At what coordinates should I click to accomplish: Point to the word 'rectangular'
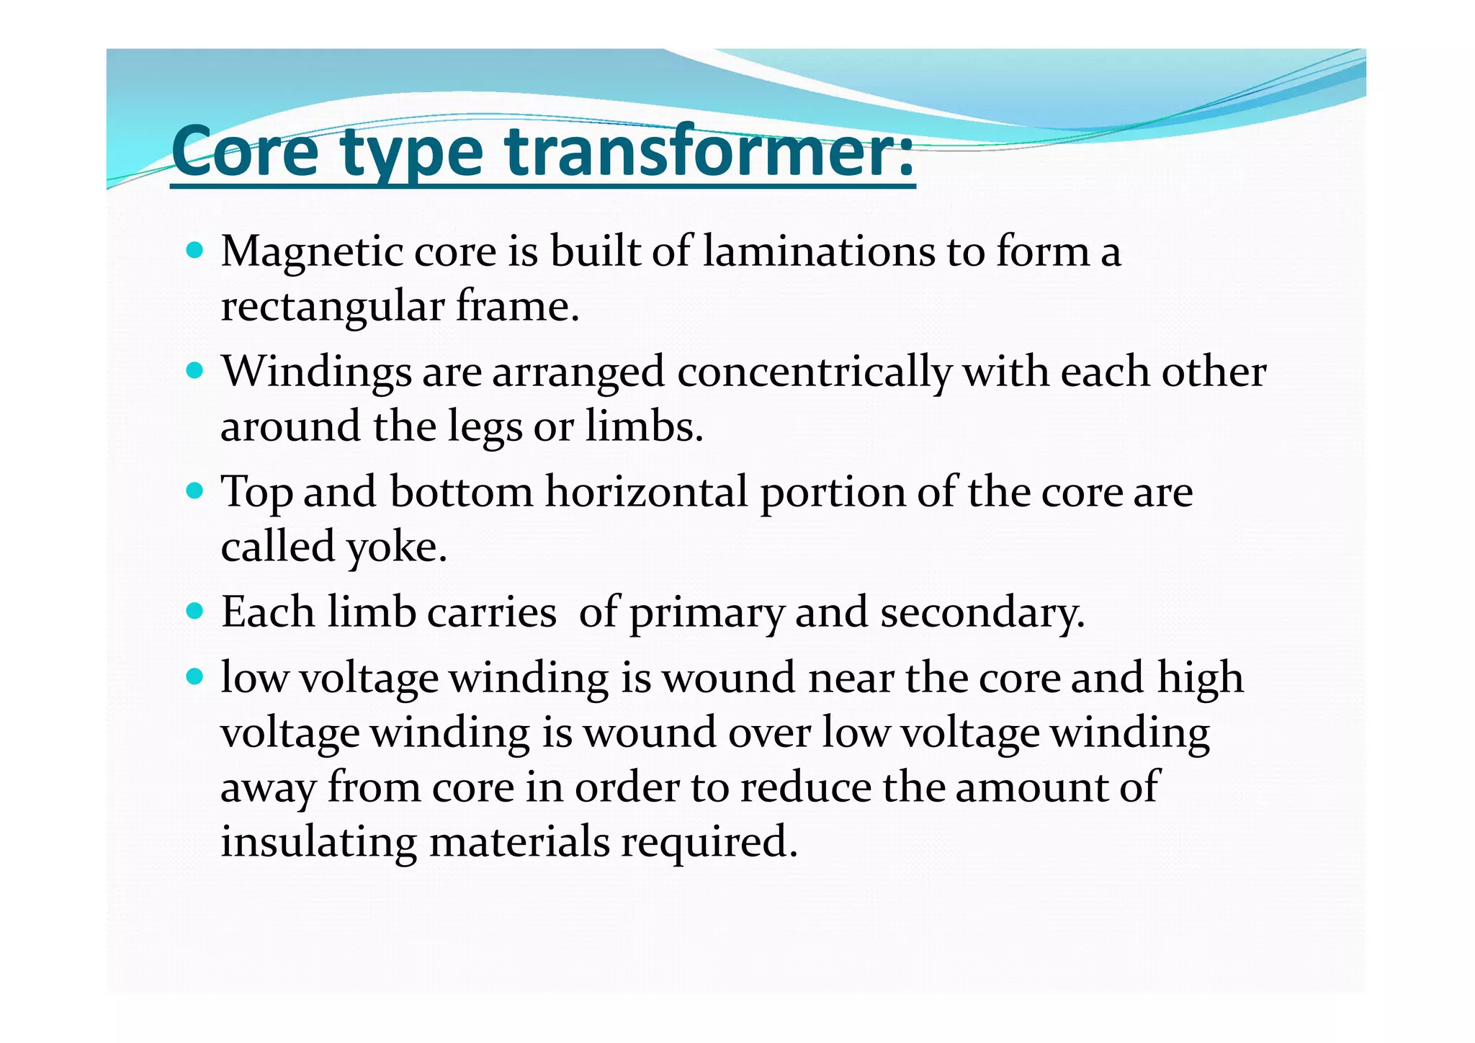pyautogui.click(x=332, y=308)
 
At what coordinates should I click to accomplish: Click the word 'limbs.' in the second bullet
pyautogui.click(x=644, y=426)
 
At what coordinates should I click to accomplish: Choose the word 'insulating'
pyautogui.click(x=318, y=842)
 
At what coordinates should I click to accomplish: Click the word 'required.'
pyautogui.click(x=709, y=842)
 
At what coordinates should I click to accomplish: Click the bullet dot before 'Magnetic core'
pyautogui.click(x=194, y=251)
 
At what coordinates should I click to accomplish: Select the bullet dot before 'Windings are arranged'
pyautogui.click(x=194, y=372)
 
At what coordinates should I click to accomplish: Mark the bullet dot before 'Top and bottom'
pyautogui.click(x=194, y=492)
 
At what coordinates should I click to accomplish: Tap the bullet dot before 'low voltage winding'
pyautogui.click(x=194, y=677)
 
